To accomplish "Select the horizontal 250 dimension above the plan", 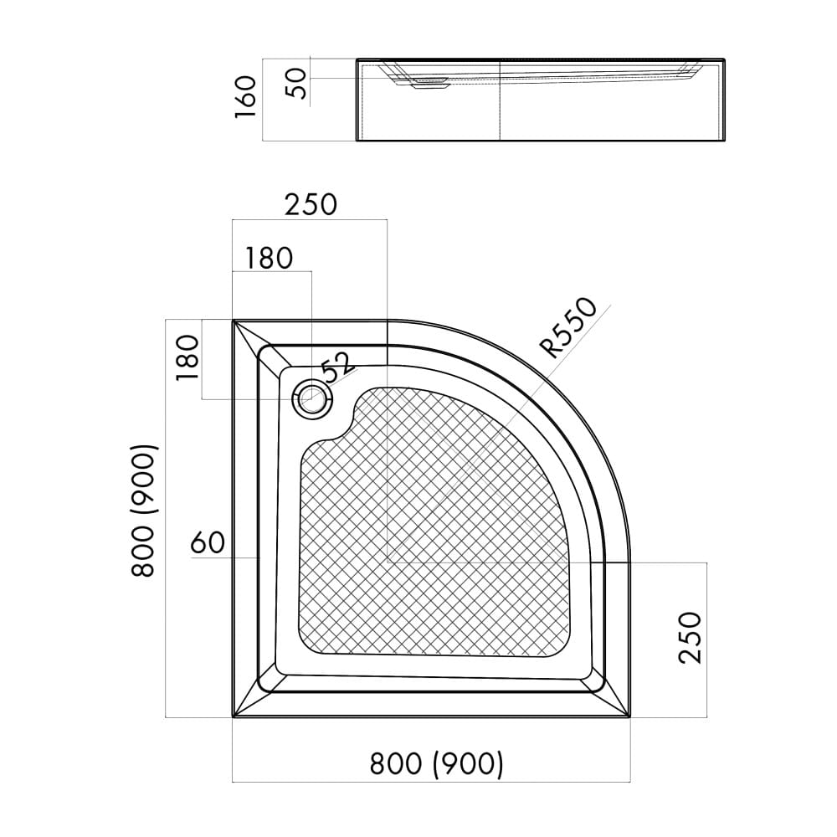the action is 311,204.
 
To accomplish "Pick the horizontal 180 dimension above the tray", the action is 269,258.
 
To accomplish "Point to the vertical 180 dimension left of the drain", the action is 187,357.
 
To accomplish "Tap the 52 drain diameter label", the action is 337,367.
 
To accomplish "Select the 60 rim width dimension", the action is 208,543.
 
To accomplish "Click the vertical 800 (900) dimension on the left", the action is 143,511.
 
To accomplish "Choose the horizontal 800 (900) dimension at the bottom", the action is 436,763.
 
